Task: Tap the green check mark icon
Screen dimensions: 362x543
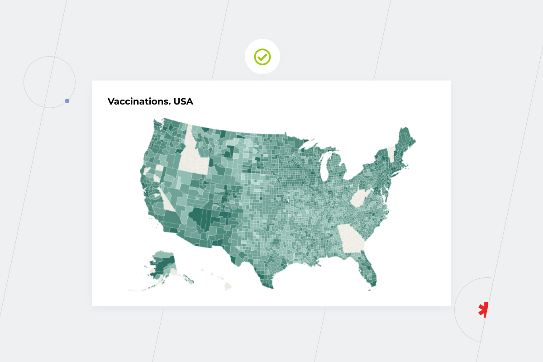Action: (262, 57)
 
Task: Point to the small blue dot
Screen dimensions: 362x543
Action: (67, 101)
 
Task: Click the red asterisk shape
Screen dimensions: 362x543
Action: (484, 310)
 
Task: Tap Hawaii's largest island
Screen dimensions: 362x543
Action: (228, 286)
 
